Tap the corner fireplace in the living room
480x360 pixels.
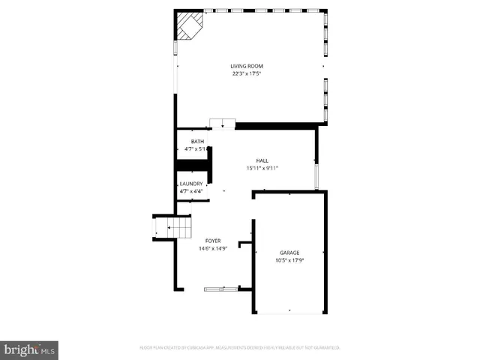point(188,27)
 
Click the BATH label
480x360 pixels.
point(196,142)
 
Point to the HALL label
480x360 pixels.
point(262,160)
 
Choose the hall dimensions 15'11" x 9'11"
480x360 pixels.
point(262,168)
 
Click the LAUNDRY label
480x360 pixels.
point(190,184)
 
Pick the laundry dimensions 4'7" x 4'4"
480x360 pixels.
point(190,191)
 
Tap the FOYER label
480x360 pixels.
point(213,241)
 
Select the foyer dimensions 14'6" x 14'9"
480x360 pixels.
point(213,248)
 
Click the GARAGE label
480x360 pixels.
point(289,253)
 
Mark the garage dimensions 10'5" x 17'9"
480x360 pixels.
point(289,260)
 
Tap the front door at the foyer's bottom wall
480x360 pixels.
point(221,288)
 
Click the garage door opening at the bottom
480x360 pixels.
point(289,311)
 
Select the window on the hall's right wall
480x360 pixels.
point(316,175)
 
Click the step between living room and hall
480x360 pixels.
point(222,124)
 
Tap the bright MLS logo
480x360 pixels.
point(30,349)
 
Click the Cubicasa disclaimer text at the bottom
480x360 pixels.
point(240,347)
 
